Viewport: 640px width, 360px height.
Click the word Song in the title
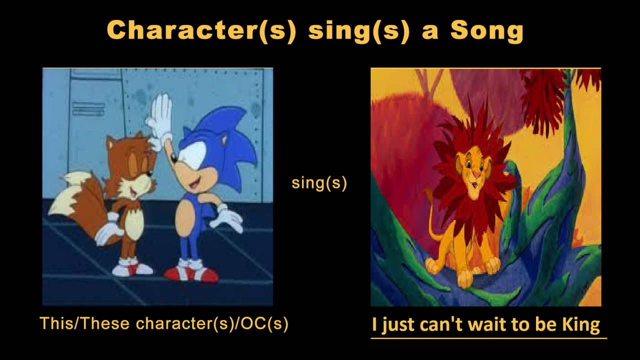(487, 31)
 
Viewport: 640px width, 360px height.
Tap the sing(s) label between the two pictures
(319, 183)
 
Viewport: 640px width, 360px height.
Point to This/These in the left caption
(84, 323)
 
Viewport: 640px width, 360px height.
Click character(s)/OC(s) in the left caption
(212, 323)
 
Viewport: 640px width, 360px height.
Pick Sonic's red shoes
(191, 271)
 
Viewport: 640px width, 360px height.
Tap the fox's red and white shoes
(132, 267)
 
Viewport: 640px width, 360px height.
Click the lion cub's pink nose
(475, 173)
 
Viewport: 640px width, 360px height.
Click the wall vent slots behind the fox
(88, 109)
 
